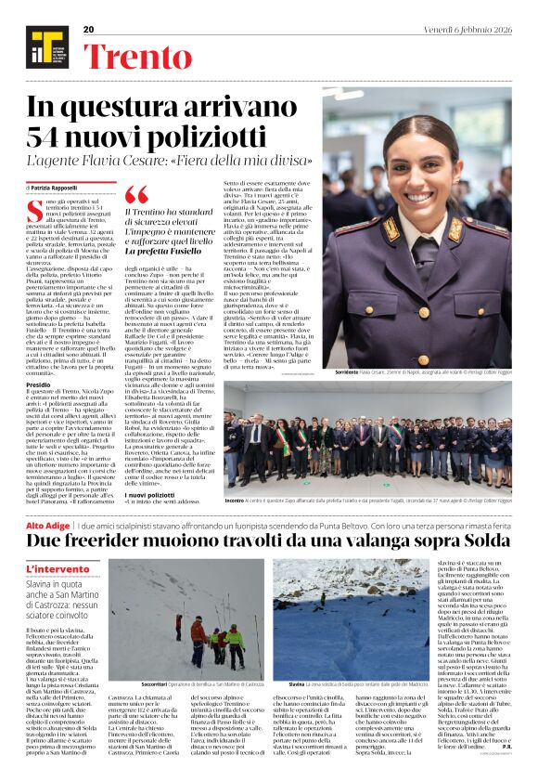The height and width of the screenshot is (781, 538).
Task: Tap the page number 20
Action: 89,30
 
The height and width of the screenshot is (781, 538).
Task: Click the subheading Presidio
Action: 39,383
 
